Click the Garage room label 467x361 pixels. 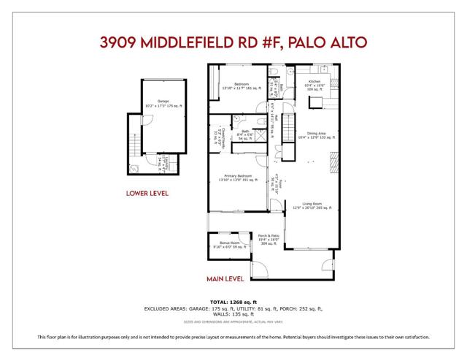coord(154,104)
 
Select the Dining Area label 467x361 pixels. coord(317,134)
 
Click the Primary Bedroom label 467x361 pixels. coord(233,178)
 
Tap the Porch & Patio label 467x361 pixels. coord(269,238)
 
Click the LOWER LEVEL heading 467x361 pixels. coord(147,194)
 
